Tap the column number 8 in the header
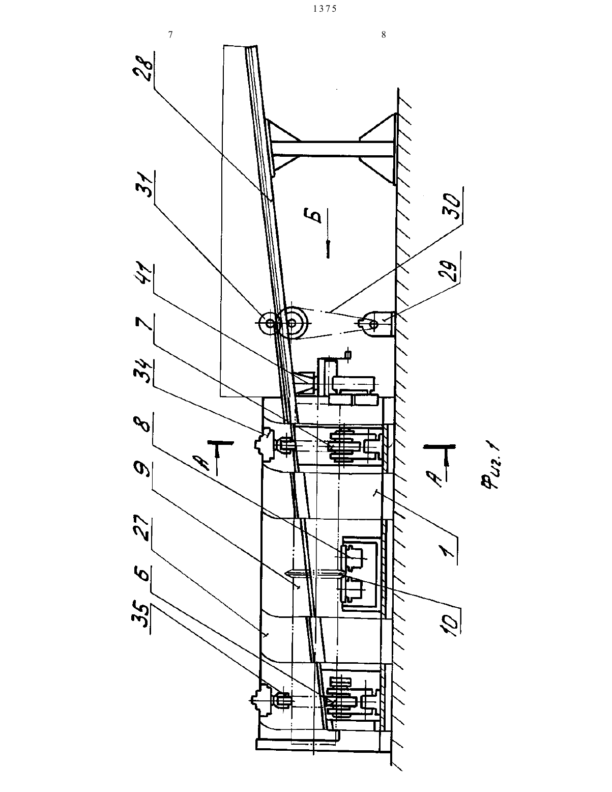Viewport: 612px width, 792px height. pos(383,35)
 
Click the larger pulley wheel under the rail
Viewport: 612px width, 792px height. pos(292,322)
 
